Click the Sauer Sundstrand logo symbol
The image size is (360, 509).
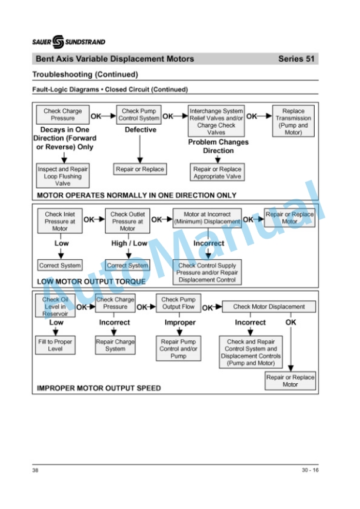click(x=58, y=42)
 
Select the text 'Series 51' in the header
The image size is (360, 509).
click(x=296, y=59)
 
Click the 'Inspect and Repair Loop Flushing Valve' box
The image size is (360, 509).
click(x=63, y=176)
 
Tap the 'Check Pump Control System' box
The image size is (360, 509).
click(x=139, y=115)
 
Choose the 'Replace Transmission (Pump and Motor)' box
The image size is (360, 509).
click(x=294, y=121)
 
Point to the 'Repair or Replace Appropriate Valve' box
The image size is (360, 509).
click(x=217, y=172)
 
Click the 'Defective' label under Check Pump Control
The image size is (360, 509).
click(x=141, y=129)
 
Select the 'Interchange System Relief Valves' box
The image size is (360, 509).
click(x=216, y=120)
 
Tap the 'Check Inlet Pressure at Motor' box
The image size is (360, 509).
click(x=60, y=221)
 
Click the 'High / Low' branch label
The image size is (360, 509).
click(x=129, y=243)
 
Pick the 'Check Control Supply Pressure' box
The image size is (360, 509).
click(x=207, y=272)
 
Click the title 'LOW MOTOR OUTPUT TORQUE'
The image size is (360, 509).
click(x=91, y=282)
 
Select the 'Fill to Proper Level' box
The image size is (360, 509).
click(x=55, y=345)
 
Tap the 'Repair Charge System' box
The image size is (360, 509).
click(x=115, y=345)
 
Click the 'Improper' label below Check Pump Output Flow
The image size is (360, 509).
click(x=180, y=322)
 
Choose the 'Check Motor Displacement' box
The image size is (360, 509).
click(x=269, y=306)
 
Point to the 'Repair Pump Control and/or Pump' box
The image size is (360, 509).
click(x=178, y=349)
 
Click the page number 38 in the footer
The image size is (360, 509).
click(x=35, y=470)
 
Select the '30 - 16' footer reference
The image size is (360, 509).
click(x=310, y=470)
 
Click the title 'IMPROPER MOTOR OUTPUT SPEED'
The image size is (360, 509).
click(x=99, y=389)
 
